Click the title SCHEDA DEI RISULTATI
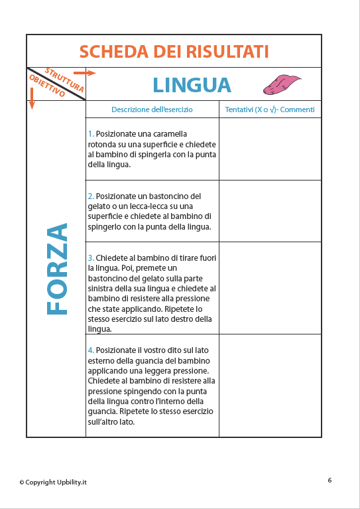click(x=174, y=51)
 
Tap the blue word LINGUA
click(x=192, y=85)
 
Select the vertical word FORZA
click(x=58, y=268)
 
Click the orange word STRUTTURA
click(x=64, y=79)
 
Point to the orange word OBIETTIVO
click(x=47, y=87)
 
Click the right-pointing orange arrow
click(x=84, y=72)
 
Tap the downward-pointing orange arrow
click(x=31, y=98)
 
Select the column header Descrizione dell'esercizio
click(x=152, y=109)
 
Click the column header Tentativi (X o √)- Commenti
click(x=270, y=109)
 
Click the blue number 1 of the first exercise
click(x=90, y=134)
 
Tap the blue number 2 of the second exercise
click(x=90, y=196)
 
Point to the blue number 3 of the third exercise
click(x=90, y=257)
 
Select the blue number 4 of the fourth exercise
click(x=90, y=350)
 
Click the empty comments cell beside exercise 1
click(x=270, y=149)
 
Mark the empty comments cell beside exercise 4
click(x=270, y=386)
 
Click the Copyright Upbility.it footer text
click(x=53, y=482)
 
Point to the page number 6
click(x=330, y=479)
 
